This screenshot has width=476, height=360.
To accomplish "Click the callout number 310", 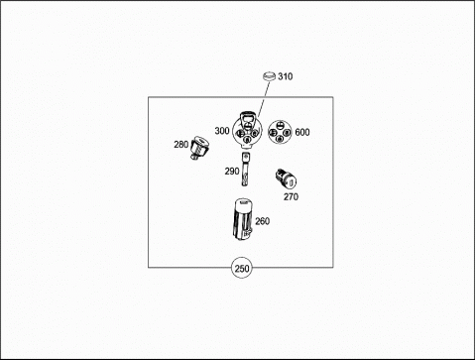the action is pyautogui.click(x=285, y=76).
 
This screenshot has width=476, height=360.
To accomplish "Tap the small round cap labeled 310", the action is pyautogui.click(x=269, y=75).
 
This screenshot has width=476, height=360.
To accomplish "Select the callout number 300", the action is pyautogui.click(x=222, y=131).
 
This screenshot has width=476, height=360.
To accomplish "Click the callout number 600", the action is pyautogui.click(x=302, y=132).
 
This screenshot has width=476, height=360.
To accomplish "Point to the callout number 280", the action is pyautogui.click(x=181, y=145).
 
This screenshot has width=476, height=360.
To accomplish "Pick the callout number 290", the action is pyautogui.click(x=232, y=172).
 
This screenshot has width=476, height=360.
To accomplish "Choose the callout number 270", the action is pyautogui.click(x=291, y=196).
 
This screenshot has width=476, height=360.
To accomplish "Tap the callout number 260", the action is pyautogui.click(x=262, y=221).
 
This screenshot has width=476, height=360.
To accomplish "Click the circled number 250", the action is pyautogui.click(x=242, y=268).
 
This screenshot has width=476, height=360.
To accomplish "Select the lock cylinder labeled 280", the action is pyautogui.click(x=199, y=148).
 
